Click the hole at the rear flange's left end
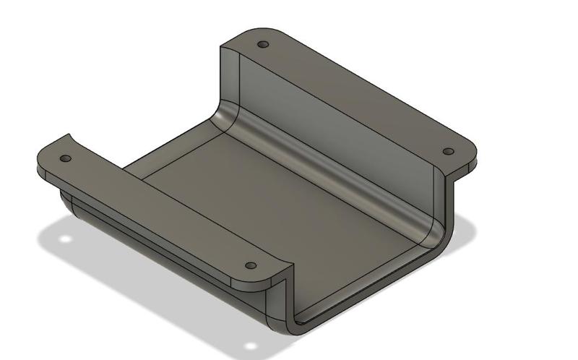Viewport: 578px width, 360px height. (263, 44)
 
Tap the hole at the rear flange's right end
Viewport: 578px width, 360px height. (448, 152)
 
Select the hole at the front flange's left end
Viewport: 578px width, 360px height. (66, 158)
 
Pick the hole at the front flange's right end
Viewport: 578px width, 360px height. (251, 266)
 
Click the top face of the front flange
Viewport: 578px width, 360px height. (159, 210)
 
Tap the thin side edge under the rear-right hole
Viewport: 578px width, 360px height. (462, 168)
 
